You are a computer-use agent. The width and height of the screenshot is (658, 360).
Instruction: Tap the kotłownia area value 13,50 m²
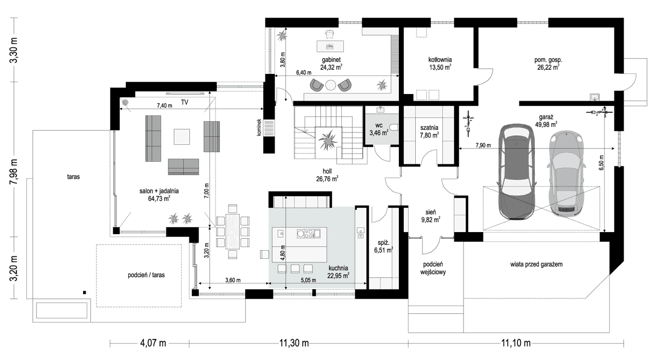click(440, 67)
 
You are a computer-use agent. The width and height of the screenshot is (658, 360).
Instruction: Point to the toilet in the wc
click(394, 128)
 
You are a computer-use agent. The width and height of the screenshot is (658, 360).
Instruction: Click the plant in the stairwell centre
click(327, 140)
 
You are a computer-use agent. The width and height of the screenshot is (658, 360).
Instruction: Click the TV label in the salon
click(184, 103)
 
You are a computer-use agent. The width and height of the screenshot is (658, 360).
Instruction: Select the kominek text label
click(260, 128)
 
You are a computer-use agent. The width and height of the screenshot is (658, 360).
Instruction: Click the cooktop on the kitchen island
click(308, 234)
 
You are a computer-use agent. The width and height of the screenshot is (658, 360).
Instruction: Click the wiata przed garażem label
click(536, 264)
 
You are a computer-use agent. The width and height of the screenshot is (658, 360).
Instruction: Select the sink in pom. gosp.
click(595, 97)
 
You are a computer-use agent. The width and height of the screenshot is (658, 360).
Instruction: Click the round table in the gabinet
click(331, 85)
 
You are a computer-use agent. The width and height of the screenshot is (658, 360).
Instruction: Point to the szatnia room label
click(428, 127)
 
